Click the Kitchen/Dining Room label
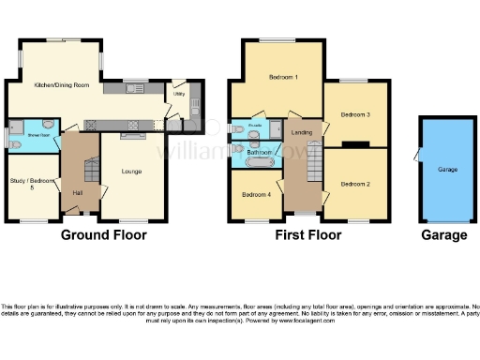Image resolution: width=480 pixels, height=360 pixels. (61, 85)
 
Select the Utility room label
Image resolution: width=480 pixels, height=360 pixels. (178, 96)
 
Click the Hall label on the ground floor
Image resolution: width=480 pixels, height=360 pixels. (78, 194)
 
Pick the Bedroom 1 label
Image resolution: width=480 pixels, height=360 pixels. (283, 77)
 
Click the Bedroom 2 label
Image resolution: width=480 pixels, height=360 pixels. (354, 182)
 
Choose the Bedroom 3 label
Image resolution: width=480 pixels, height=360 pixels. (354, 114)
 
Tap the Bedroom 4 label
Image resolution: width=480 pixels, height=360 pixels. (256, 195)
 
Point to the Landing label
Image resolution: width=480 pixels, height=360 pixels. (303, 133)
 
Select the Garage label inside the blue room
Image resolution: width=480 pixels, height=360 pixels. (446, 172)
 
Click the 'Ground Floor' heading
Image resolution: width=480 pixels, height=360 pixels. (103, 235)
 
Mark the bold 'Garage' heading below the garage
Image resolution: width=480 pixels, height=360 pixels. (443, 235)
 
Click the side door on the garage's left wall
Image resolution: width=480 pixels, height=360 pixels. (419, 154)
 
